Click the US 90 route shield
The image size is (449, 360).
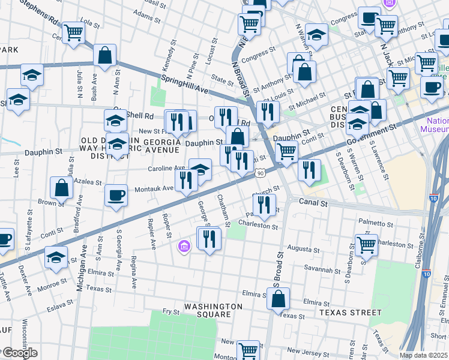coord(260,173)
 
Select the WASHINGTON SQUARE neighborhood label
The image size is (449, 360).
coord(213,310)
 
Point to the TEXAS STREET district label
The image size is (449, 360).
coord(350,313)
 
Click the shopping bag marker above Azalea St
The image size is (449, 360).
coord(61,187)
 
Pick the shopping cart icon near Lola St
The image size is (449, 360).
coord(73,32)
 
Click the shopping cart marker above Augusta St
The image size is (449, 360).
coord(366,244)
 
